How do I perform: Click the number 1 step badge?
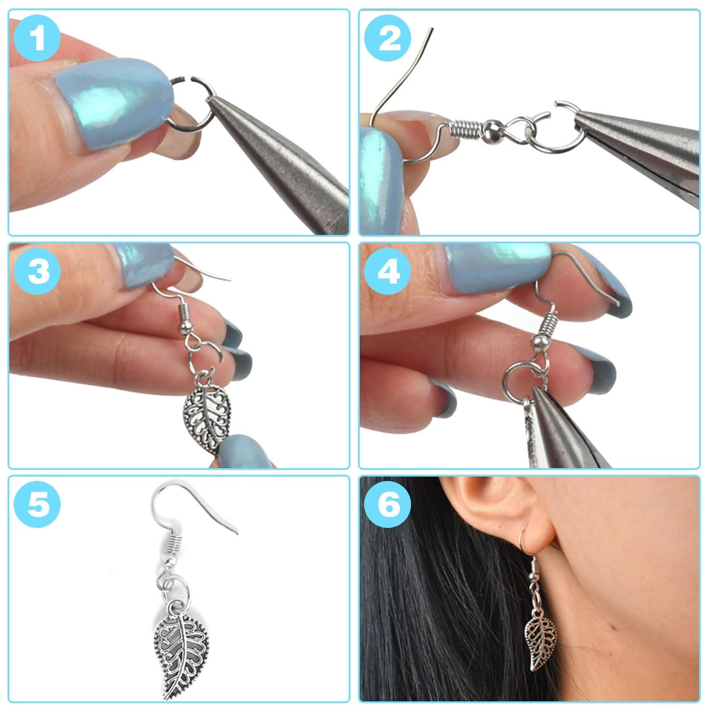pos(37,38)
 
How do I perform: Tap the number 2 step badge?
pos(387,38)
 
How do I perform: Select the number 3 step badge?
pos(37,271)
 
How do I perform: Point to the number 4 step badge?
pos(387,271)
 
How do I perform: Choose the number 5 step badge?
pos(37,504)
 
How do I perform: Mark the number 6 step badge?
pos(387,504)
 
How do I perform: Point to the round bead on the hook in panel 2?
pos(492,131)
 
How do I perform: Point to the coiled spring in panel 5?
pos(172,542)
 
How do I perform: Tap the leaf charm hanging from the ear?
pos(540,640)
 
